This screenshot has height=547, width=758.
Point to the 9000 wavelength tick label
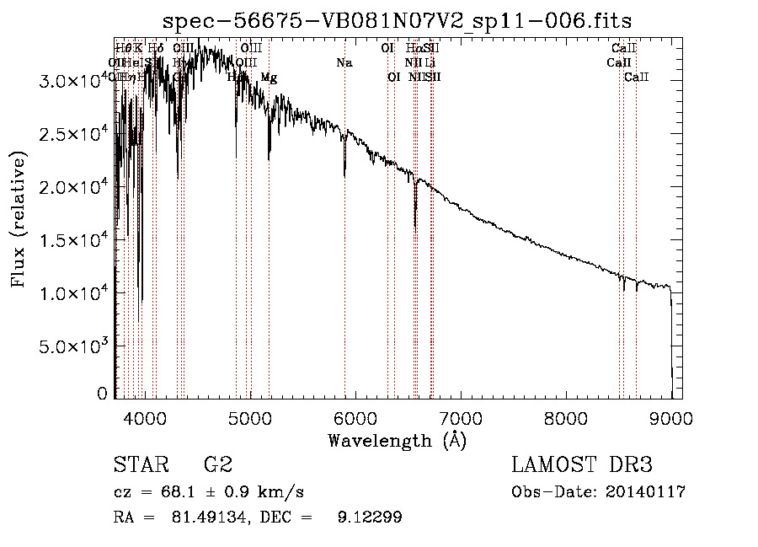(671, 417)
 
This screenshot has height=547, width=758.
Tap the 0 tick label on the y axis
(102, 394)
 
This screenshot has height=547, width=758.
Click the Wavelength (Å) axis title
(397, 440)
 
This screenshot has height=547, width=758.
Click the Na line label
(344, 63)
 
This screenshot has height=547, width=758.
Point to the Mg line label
(269, 78)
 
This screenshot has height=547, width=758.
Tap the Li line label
(430, 63)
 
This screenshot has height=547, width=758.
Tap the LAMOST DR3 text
(582, 464)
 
